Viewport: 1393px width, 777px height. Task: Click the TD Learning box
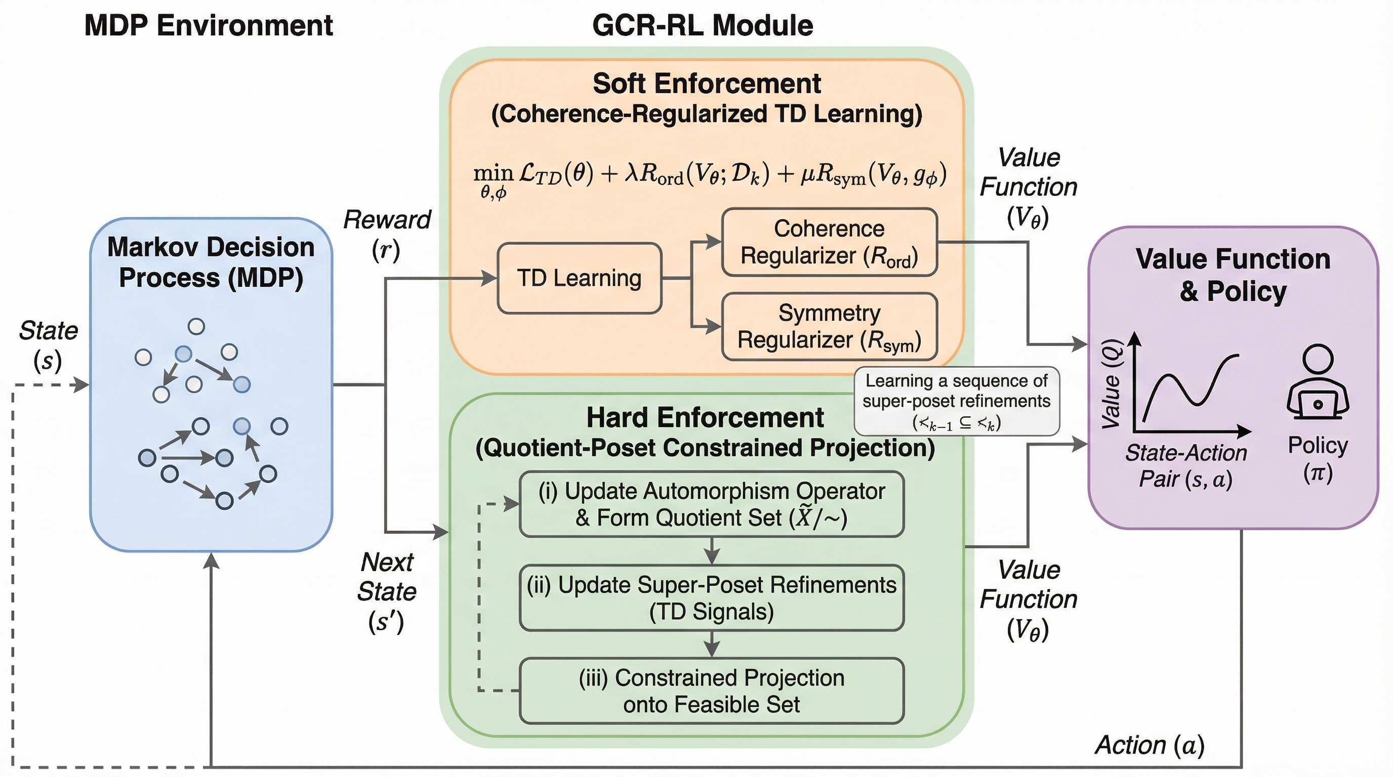coord(579,278)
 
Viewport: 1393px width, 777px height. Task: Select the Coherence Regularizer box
coord(829,243)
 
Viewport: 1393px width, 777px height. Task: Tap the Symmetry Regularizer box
coord(829,327)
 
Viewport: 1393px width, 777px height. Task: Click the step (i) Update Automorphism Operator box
coord(711,504)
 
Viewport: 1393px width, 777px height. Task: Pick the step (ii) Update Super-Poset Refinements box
coord(711,598)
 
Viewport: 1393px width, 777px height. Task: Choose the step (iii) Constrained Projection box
coord(711,691)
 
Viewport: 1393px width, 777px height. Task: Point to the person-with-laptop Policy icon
coord(1318,383)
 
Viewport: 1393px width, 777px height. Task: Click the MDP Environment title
coord(209,26)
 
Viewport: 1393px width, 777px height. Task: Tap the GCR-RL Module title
coord(703,26)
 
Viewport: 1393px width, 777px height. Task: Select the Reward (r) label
coord(387,235)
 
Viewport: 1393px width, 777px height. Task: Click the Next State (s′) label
coord(387,592)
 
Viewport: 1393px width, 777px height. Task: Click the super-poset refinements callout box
coord(956,402)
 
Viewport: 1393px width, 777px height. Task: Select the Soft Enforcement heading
coord(706,84)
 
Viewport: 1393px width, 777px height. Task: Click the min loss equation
coord(710,178)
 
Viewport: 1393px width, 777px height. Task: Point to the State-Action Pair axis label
coord(1186,466)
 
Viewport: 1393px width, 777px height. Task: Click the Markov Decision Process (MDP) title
coord(211,263)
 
